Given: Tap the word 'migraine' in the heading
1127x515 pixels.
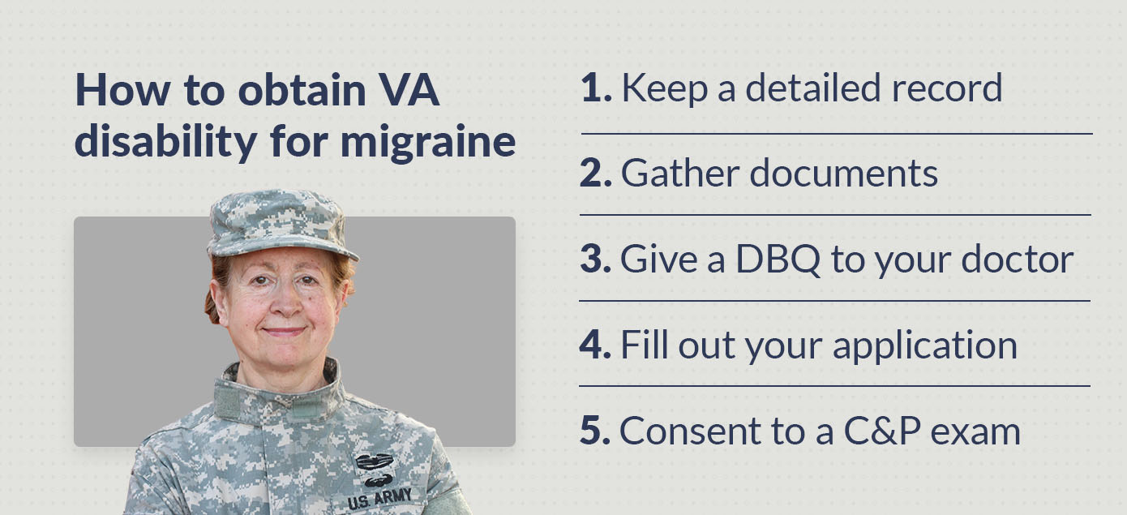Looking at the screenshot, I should (428, 143).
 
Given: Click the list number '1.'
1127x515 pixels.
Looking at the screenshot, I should (596, 88).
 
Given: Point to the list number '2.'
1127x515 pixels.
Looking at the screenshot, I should (596, 174).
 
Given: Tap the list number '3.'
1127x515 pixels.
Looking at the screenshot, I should (596, 259).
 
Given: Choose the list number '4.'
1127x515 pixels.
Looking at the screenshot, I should (596, 345).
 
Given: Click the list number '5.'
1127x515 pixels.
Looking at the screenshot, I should (596, 431).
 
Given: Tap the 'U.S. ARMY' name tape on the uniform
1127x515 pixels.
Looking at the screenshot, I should (379, 498).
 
